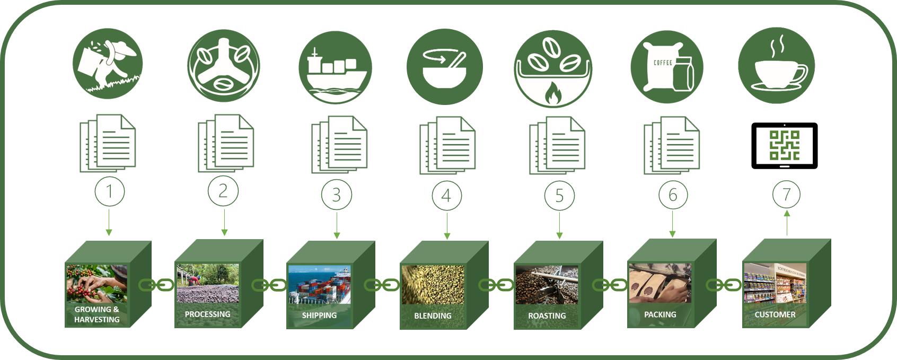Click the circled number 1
(x=110, y=191)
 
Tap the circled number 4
(x=446, y=196)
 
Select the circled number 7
(x=786, y=195)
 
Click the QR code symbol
(x=784, y=145)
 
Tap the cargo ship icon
(x=335, y=68)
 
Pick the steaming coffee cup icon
(x=777, y=66)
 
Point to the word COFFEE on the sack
(x=663, y=63)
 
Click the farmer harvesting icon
(x=108, y=63)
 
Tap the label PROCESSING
(x=207, y=314)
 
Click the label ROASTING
(x=547, y=316)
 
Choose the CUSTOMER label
(x=775, y=314)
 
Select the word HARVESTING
(x=96, y=320)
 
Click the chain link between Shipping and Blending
(x=382, y=285)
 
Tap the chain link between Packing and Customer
(x=723, y=285)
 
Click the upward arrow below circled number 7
(x=787, y=223)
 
